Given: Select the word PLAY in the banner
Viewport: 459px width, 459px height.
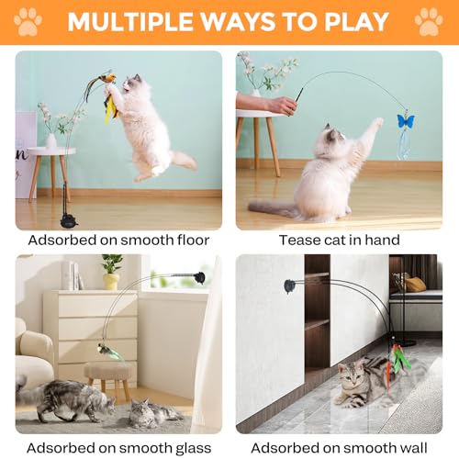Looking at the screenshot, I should coord(359,22).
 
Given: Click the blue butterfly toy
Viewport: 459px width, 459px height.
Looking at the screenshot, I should coord(403,120).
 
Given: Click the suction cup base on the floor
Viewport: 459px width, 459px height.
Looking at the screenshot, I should coord(67,220).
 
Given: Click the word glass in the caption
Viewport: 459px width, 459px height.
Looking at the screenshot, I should coord(184,447).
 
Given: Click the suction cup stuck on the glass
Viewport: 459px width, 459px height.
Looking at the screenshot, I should coord(199,276).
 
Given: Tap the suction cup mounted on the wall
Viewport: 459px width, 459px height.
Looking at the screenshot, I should coord(290,285).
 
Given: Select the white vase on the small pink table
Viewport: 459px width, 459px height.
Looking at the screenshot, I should coord(50,140).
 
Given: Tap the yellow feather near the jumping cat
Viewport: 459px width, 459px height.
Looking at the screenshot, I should coord(111,108).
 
